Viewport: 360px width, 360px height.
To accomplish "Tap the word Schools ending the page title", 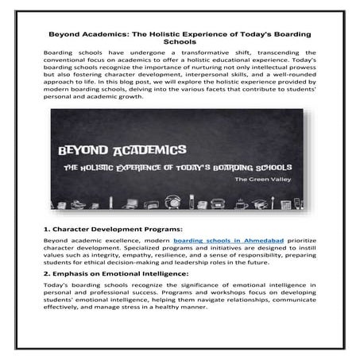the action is pyautogui.click(x=180, y=45).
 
